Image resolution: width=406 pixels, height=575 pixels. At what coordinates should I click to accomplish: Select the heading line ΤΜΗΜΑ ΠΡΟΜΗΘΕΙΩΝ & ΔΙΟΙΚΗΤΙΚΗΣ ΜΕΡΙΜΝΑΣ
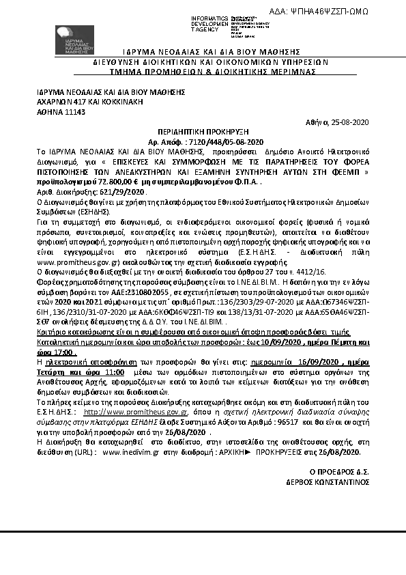pos(203,70)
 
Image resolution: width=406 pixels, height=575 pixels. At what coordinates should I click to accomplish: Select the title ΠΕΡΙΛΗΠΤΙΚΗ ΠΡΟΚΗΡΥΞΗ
pos(203,131)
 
